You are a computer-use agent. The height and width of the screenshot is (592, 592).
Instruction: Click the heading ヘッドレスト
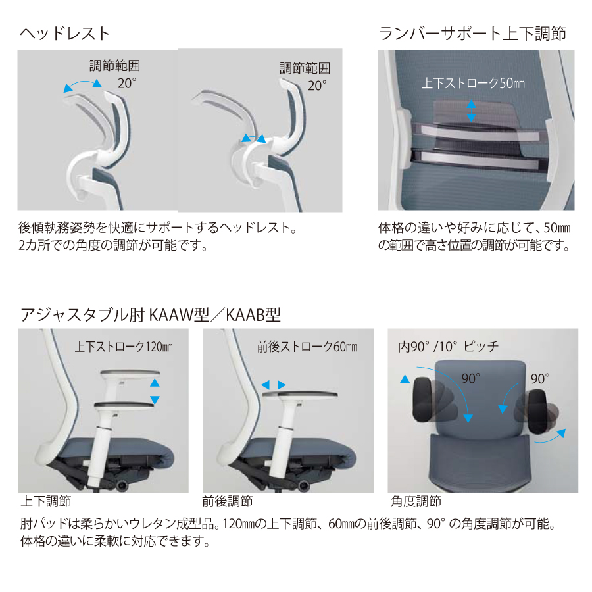tap(64, 34)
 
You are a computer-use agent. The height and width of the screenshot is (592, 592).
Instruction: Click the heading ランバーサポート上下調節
tap(472, 34)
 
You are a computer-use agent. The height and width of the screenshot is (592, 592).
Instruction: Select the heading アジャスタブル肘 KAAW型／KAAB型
tap(150, 314)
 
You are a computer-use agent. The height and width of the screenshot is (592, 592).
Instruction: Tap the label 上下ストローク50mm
tap(473, 83)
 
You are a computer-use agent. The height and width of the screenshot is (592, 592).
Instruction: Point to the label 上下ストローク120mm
tap(124, 347)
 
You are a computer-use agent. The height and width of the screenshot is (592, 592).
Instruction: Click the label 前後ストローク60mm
tap(307, 347)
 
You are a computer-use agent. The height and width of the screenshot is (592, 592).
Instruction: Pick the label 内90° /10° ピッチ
tap(448, 347)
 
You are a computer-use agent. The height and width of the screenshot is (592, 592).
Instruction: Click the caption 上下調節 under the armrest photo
tap(45, 501)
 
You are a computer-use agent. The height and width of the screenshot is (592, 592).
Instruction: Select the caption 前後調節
tap(228, 501)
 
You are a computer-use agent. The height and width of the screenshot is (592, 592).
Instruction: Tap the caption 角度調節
tap(416, 501)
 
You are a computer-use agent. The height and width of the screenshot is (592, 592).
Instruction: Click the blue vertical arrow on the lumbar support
tap(471, 111)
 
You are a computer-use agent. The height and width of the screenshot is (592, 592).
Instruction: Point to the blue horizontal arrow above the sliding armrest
tap(274, 385)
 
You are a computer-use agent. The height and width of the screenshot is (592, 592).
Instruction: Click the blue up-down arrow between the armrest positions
tap(155, 391)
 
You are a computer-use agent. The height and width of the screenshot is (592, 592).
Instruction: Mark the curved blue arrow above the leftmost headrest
tap(82, 83)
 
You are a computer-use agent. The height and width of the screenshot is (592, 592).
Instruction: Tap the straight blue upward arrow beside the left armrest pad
tap(405, 399)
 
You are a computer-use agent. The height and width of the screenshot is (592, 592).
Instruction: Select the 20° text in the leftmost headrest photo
tap(127, 83)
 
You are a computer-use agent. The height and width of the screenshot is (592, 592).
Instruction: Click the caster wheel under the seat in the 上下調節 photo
tap(122, 486)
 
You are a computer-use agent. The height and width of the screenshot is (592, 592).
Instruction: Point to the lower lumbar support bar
tap(480, 160)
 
